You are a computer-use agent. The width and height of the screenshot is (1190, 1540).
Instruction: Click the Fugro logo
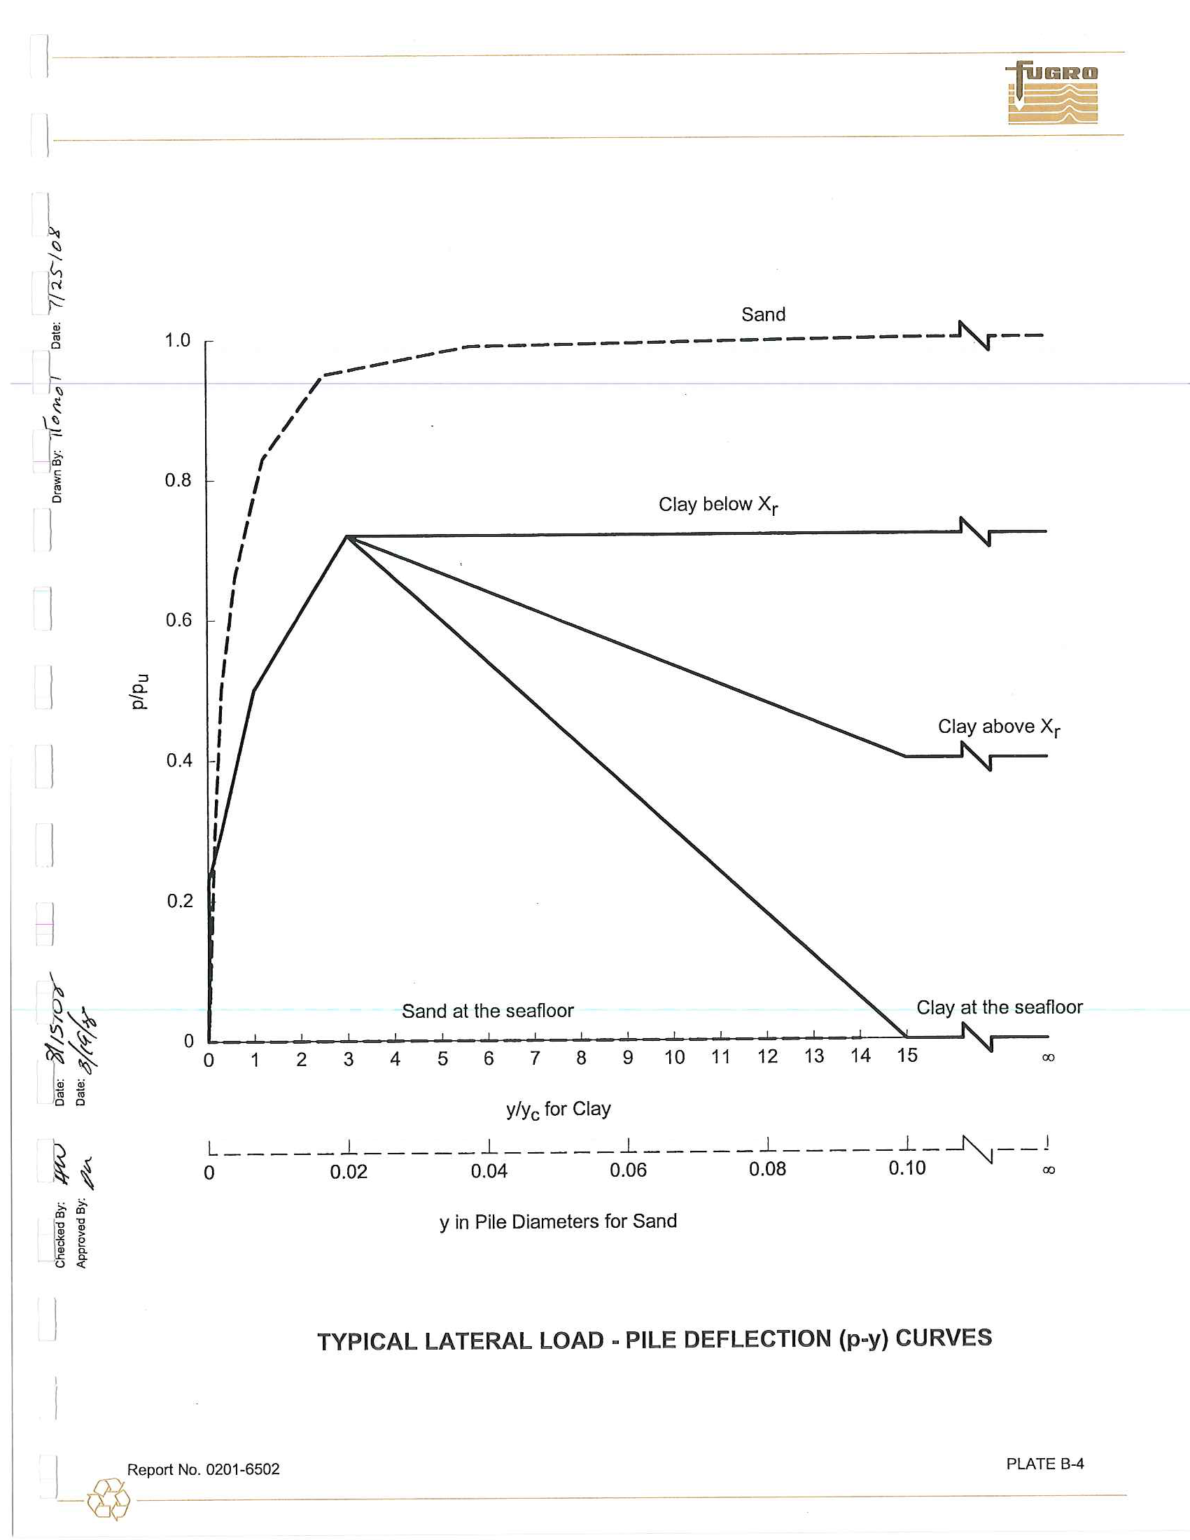tap(1052, 93)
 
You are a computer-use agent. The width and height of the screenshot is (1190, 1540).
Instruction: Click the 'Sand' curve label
tap(763, 314)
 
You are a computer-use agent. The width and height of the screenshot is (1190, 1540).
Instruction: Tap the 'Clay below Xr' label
tap(717, 505)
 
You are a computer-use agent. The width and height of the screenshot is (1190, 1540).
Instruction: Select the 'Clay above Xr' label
tap(997, 727)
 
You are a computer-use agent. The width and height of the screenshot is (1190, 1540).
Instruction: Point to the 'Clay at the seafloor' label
tap(999, 1007)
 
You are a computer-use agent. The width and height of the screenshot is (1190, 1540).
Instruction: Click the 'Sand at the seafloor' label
tap(488, 1011)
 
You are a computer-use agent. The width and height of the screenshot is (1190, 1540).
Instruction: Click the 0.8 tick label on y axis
tap(178, 481)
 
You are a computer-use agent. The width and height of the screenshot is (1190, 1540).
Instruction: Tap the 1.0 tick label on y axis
tap(178, 342)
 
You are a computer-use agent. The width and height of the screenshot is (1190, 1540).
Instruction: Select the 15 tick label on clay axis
tap(907, 1056)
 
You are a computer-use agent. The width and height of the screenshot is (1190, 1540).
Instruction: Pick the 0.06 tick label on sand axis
tap(628, 1170)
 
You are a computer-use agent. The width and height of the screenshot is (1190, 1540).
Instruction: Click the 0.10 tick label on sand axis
tap(906, 1168)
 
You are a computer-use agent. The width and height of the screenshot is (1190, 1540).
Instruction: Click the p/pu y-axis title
tap(139, 691)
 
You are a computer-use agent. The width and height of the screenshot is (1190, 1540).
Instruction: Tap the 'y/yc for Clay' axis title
tap(559, 1110)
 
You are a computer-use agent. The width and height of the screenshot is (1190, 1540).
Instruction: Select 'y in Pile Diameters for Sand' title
tap(559, 1221)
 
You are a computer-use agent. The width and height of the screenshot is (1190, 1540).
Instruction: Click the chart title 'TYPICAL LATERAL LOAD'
tap(654, 1340)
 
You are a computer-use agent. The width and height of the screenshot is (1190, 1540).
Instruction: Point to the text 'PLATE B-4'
tap(1045, 1464)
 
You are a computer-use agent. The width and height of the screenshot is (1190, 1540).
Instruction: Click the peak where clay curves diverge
tap(346, 537)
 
